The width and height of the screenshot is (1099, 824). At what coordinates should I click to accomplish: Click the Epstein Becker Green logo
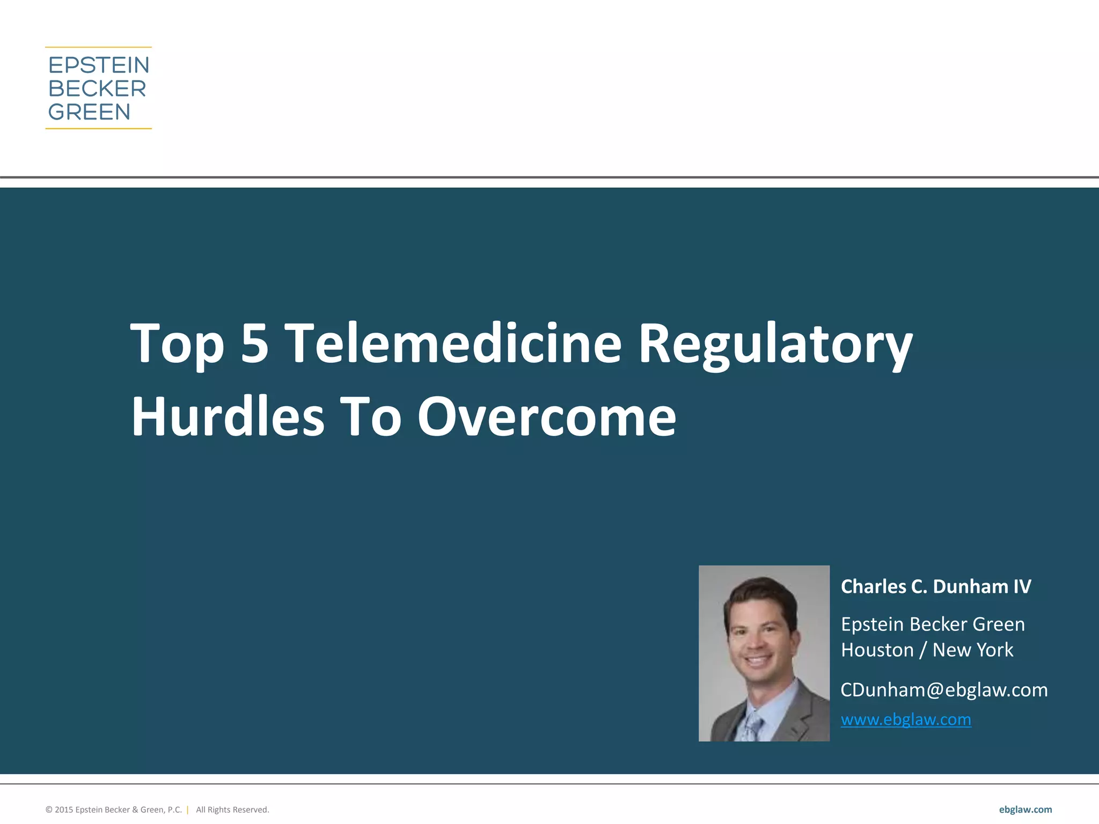(99, 88)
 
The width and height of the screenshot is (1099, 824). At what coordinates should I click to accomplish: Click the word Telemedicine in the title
(453, 343)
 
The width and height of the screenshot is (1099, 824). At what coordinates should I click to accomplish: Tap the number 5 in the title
(254, 343)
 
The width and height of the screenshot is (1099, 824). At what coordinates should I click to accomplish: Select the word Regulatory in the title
(775, 344)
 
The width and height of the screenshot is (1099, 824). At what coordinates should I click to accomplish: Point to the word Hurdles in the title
(228, 416)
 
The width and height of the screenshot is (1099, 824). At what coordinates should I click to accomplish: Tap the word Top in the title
(177, 344)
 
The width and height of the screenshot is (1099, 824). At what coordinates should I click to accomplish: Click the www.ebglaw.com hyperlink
(906, 719)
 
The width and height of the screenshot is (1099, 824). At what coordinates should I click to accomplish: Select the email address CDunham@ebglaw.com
(944, 690)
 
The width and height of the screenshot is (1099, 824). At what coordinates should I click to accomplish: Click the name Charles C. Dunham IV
(936, 586)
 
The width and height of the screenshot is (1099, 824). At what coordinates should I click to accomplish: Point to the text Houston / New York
(927, 650)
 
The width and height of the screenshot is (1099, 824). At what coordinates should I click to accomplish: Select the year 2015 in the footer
(63, 810)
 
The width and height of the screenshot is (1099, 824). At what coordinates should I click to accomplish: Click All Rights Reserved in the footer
(232, 810)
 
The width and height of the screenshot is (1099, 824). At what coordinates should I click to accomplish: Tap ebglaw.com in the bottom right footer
(1025, 810)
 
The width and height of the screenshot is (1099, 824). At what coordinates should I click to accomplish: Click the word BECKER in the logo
(97, 89)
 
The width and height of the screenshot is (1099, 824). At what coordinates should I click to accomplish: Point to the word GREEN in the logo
(90, 112)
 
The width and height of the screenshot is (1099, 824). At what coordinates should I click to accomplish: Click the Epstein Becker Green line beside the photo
(933, 624)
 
